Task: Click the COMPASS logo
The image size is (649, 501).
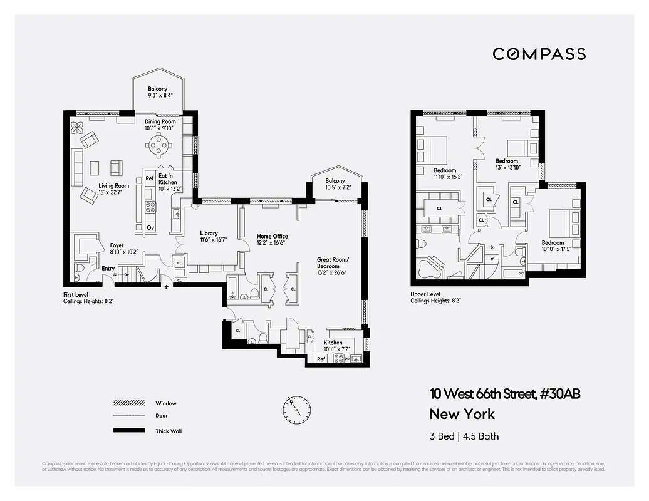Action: click(x=539, y=54)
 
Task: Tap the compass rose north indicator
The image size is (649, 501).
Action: click(x=296, y=410)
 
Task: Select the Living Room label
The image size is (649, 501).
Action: click(x=113, y=189)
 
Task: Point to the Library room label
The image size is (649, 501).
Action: click(x=209, y=237)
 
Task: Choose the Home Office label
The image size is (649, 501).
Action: click(x=272, y=239)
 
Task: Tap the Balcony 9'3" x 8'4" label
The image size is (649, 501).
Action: click(x=157, y=93)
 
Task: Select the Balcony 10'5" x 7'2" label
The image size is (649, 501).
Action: click(x=335, y=184)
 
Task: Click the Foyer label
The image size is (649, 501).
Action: click(x=117, y=249)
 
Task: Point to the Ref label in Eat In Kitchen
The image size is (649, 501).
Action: click(x=150, y=178)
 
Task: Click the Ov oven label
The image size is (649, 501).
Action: click(x=150, y=227)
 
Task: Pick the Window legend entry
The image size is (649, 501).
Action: click(x=165, y=403)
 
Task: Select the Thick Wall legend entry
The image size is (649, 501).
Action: click(x=169, y=431)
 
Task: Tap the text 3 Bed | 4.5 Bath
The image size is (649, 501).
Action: click(x=464, y=436)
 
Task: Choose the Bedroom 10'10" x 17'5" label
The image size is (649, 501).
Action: click(x=553, y=246)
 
